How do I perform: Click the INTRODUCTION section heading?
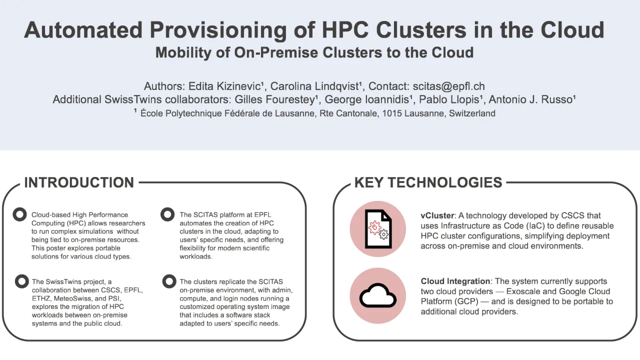pyautogui.click(x=79, y=182)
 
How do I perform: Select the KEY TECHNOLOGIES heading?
pyautogui.click(x=428, y=182)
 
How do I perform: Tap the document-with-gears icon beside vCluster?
pyautogui.click(x=377, y=229)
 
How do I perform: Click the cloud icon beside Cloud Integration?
pyautogui.click(x=377, y=296)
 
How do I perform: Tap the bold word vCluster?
pyautogui.click(x=437, y=215)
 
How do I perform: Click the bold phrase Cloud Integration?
pyautogui.click(x=455, y=281)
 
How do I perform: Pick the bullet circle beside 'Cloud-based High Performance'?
pyautogui.click(x=19, y=214)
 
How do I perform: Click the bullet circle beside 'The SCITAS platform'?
pyautogui.click(x=167, y=214)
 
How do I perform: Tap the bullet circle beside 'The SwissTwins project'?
pyautogui.click(x=21, y=281)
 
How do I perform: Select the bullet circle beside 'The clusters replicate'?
pyautogui.click(x=169, y=281)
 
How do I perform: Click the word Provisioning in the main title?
pyautogui.click(x=218, y=30)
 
